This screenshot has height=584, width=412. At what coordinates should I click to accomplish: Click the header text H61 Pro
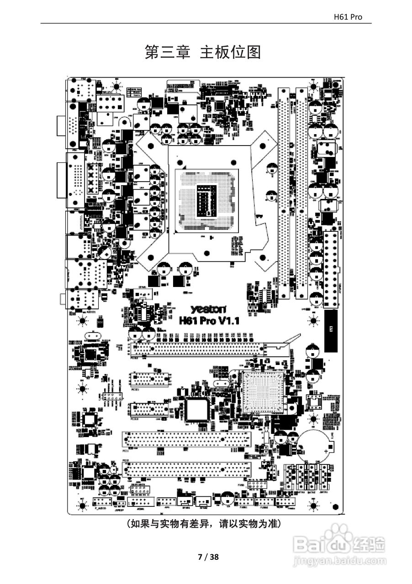coord(348,17)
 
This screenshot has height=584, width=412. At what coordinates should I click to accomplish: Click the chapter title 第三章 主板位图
coord(203,52)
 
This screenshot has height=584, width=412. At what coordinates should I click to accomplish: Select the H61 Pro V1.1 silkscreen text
coord(210,321)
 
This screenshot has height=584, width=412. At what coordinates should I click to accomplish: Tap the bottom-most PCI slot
coord(187,469)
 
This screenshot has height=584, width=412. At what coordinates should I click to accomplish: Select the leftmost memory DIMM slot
coord(284,192)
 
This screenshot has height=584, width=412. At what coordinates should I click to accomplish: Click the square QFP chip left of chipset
coord(197,409)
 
